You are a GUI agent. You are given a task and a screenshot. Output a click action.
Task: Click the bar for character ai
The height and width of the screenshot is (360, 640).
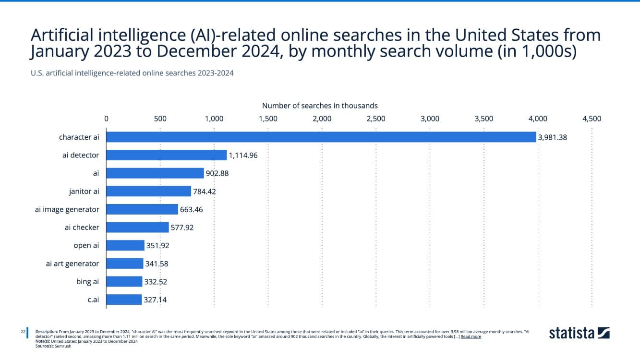pos(321,137)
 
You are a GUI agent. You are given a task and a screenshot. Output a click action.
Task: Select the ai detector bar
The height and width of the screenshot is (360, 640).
pos(166,155)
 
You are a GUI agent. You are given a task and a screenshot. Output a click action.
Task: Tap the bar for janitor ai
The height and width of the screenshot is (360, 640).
pos(148,192)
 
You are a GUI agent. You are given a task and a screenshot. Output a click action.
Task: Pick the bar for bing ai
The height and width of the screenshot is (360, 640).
pos(124,282)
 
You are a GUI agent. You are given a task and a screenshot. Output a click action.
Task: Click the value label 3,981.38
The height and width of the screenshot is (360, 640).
pos(553,137)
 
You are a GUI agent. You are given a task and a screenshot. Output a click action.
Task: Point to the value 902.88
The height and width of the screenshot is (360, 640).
pos(218,173)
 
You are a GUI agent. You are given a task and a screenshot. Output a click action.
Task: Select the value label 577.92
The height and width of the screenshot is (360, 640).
pos(182,228)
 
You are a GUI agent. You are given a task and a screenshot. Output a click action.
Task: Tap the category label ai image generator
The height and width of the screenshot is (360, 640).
pos(67,209)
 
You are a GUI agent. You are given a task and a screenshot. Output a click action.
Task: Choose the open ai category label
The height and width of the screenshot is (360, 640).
pos(86,245)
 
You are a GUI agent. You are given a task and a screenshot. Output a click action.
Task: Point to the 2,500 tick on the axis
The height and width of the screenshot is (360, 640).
pos(376,119)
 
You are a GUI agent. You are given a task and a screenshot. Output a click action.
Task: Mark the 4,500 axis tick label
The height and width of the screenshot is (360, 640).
pos(592,119)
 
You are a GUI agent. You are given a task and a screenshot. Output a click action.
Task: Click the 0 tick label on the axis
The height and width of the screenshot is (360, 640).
pos(106,119)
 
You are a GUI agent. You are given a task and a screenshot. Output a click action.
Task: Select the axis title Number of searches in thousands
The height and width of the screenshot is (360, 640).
pos(320,106)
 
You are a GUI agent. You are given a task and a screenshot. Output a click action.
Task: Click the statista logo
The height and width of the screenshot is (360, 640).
pos(579,333)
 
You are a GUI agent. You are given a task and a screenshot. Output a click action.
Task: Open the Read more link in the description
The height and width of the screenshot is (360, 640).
pos(471,337)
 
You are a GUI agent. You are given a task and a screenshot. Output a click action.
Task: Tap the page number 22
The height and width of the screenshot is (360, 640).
pos(23,332)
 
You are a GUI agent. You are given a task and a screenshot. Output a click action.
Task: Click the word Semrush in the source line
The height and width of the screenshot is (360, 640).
pos(63,346)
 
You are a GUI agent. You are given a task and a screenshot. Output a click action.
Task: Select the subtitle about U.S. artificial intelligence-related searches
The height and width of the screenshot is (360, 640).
pos(132,73)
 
